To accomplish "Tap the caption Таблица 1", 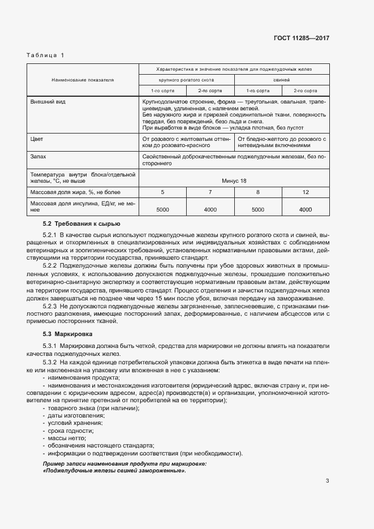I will (46, 55).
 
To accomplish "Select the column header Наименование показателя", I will (83, 80).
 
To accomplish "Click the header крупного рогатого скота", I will (186, 80).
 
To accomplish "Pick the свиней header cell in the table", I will (281, 80).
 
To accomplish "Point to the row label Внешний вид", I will (46, 101).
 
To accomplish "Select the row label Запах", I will (38, 156).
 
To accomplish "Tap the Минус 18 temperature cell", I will (234, 180).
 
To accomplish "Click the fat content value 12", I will (306, 192).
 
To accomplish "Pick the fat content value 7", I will (210, 192).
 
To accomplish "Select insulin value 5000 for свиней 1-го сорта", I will (257, 210).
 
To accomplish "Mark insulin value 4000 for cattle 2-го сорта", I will (210, 210).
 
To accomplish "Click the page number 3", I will (327, 481).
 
